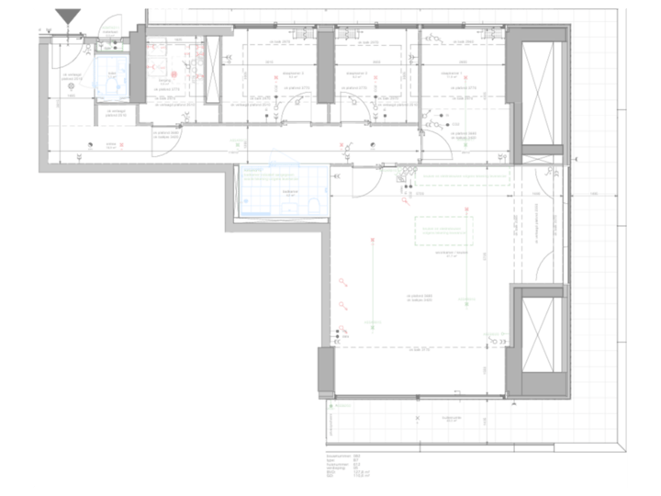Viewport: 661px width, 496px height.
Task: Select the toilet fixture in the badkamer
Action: (x=314, y=205)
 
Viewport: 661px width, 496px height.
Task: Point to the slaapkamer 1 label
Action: (x=450, y=72)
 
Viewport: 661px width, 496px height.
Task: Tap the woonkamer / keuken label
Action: (x=452, y=255)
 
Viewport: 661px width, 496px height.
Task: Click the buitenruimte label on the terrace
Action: (x=450, y=416)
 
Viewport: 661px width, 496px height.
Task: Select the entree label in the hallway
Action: (x=111, y=144)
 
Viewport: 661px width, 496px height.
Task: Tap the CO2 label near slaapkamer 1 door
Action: (x=455, y=123)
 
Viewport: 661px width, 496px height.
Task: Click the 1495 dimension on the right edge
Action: (x=594, y=195)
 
